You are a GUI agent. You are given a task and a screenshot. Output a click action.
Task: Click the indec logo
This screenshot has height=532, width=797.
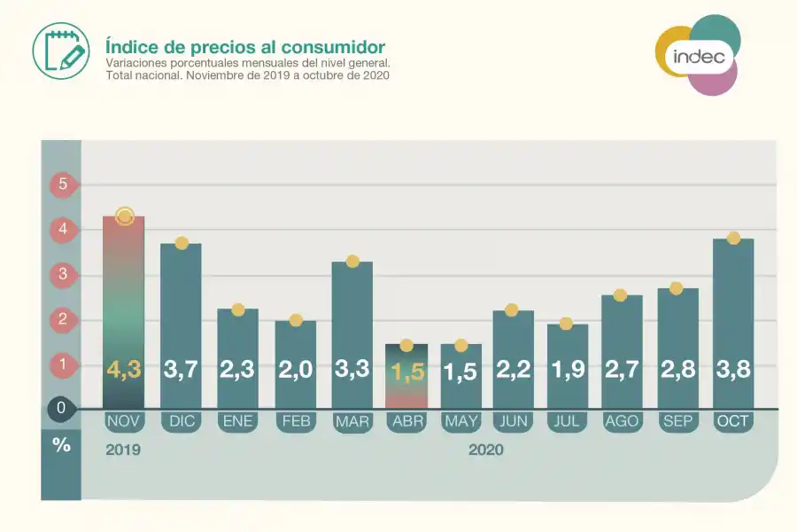pyautogui.click(x=698, y=55)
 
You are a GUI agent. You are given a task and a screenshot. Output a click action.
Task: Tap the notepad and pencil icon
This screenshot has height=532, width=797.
pyautogui.click(x=61, y=50)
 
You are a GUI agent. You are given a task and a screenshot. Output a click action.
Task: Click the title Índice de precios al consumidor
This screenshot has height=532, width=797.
pyautogui.click(x=244, y=46)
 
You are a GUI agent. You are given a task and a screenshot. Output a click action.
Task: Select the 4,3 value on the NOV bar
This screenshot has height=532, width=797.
pyautogui.click(x=124, y=370)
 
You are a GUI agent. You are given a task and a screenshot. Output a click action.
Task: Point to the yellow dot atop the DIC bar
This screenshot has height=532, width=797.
pyautogui.click(x=182, y=243)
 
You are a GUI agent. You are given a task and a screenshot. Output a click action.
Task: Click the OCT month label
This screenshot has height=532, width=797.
pyautogui.click(x=733, y=421)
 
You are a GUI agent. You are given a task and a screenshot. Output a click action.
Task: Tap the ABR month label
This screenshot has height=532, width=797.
pyautogui.click(x=406, y=421)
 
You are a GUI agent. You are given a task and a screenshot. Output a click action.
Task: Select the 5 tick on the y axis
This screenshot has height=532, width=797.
pyautogui.click(x=62, y=185)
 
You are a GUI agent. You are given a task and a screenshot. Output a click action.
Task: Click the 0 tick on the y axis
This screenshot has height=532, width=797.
pyautogui.click(x=61, y=409)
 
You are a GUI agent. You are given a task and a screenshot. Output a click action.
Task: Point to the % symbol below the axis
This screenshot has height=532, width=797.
pyautogui.click(x=61, y=445)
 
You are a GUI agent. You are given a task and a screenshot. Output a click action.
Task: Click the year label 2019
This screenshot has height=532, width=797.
pyautogui.click(x=123, y=450)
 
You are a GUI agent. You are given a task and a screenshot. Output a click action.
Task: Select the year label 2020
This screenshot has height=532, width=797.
pyautogui.click(x=485, y=450)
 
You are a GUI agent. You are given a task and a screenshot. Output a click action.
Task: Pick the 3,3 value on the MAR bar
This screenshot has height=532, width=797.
pyautogui.click(x=352, y=370)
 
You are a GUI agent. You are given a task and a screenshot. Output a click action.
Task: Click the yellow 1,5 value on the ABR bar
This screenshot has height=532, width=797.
pyautogui.click(x=407, y=372)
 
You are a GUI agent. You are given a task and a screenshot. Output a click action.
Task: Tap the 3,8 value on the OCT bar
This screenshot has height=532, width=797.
pyautogui.click(x=733, y=370)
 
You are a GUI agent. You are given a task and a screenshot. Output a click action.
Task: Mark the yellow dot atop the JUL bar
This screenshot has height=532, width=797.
pyautogui.click(x=567, y=324)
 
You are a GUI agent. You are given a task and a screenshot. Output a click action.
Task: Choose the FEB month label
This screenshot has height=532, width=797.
pyautogui.click(x=296, y=421)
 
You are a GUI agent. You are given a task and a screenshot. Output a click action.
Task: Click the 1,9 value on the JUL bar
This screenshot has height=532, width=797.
pyautogui.click(x=568, y=370)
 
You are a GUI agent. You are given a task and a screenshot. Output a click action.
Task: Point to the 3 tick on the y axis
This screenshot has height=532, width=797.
pyautogui.click(x=62, y=274)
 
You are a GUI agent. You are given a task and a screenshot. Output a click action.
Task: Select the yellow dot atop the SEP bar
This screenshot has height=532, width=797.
pyautogui.click(x=677, y=288)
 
